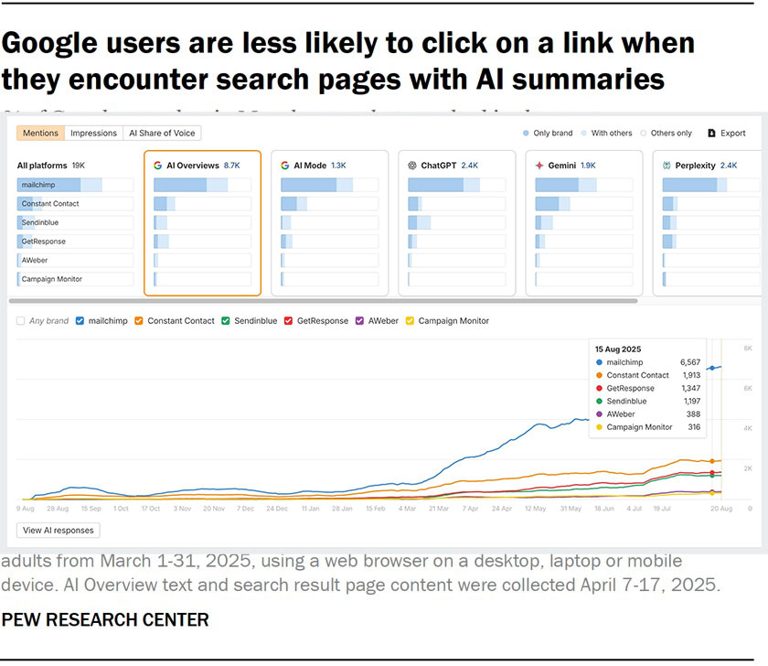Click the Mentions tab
[x=40, y=133]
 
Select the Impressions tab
[x=94, y=133]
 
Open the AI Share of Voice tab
[x=162, y=133]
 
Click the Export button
[x=727, y=133]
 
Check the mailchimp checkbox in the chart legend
[x=80, y=321]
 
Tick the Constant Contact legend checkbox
[x=139, y=321]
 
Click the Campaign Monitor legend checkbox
[x=410, y=321]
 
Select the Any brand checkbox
[x=21, y=321]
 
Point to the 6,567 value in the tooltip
[x=689, y=362]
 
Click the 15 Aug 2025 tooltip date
[x=619, y=349]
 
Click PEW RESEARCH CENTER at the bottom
[x=105, y=619]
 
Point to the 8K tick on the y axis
[x=747, y=349]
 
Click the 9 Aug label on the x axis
[x=26, y=508]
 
